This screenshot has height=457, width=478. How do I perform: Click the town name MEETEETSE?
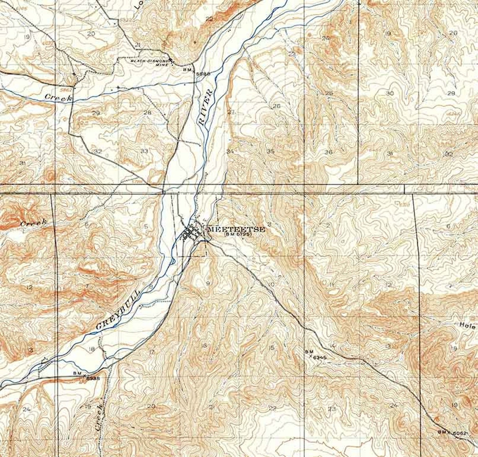(235, 229)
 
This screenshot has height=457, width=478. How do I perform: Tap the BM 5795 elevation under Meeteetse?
(238, 235)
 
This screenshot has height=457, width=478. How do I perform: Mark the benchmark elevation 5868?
(203, 73)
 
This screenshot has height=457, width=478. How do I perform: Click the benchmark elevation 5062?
(460, 432)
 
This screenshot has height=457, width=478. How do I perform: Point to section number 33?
(144, 151)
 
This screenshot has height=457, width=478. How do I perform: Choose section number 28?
(147, 112)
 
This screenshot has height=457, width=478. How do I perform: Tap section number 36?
(328, 152)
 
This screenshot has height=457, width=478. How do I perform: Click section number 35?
(271, 151)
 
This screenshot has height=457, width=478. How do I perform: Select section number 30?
(390, 93)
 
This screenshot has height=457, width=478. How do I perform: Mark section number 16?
(204, 345)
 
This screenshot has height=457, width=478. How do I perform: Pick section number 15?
(272, 348)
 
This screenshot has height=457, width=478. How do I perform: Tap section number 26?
(276, 106)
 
